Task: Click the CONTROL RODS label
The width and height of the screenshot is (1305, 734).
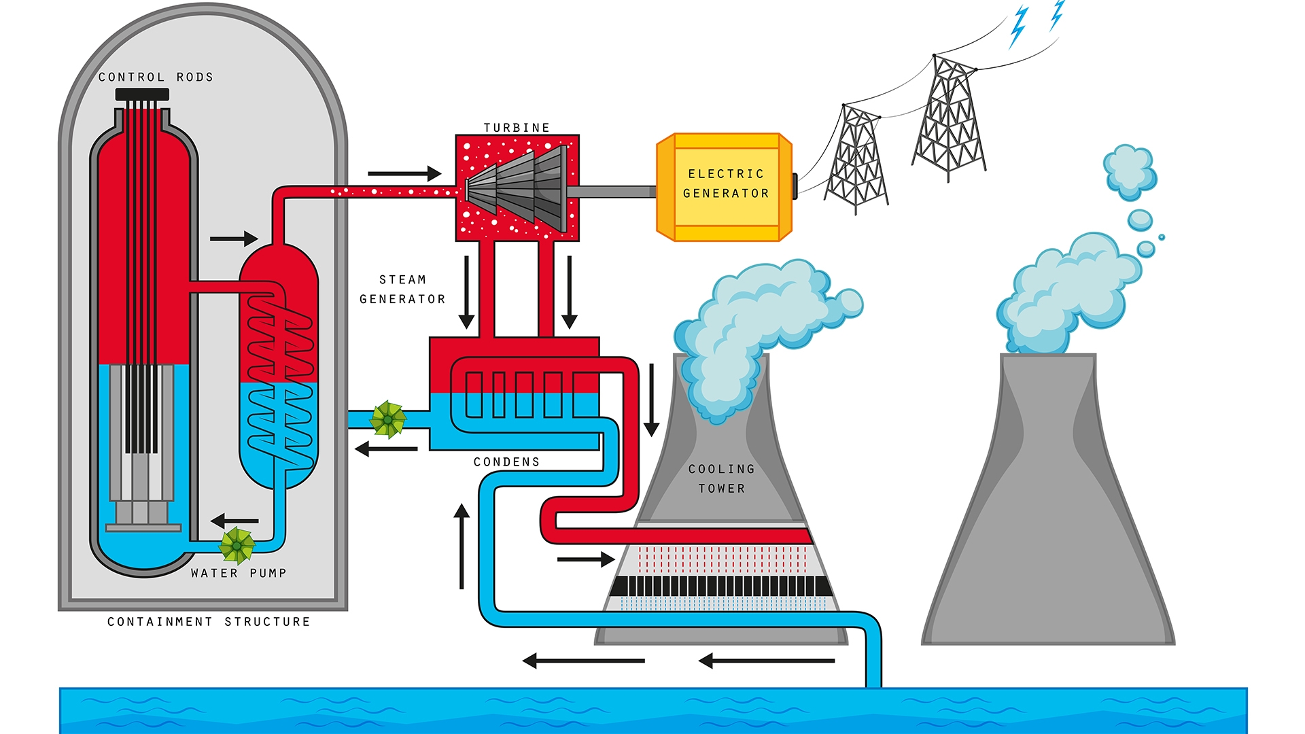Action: point(156,77)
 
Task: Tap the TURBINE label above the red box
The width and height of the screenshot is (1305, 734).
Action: point(517,128)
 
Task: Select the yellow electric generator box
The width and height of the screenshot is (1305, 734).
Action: point(725,187)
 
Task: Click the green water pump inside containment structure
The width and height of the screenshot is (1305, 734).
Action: point(237,545)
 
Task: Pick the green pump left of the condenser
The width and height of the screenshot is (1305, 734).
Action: point(387,419)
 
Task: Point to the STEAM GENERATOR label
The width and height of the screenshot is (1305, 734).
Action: point(402,290)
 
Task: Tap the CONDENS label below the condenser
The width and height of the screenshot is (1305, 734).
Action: point(506,462)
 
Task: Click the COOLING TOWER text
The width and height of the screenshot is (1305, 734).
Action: point(721,478)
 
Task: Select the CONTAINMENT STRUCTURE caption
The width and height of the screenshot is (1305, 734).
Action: point(209,622)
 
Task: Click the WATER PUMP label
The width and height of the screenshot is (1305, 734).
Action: point(239,574)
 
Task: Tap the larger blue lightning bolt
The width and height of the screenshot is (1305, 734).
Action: point(1017,27)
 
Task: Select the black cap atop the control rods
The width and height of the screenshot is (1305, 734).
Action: point(142,94)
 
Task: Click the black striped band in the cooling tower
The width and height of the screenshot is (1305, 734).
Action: point(720,586)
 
